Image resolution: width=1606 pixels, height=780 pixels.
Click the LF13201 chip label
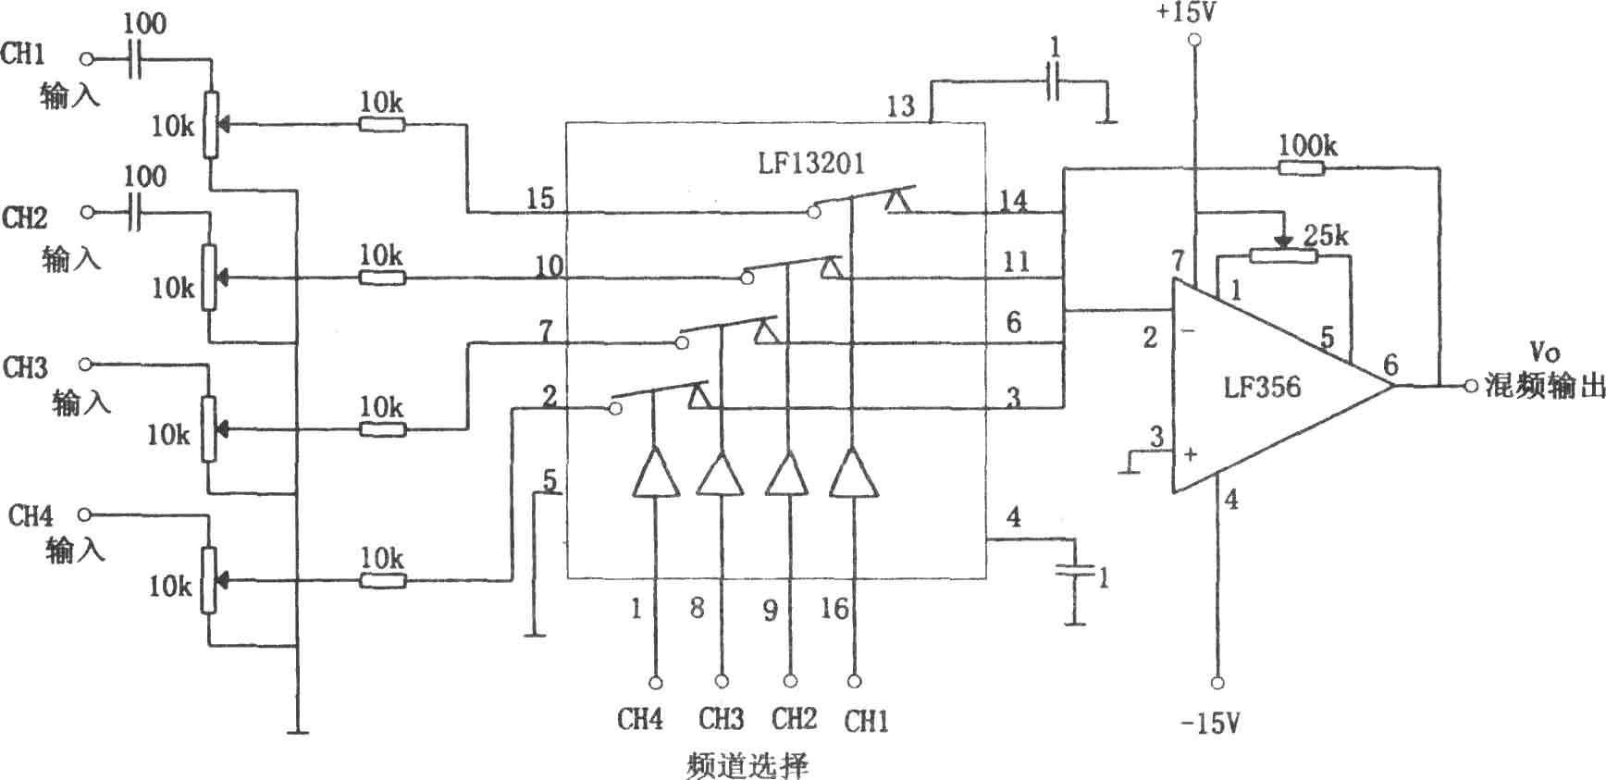click(x=810, y=164)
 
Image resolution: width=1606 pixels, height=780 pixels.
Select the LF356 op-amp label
click(x=1262, y=387)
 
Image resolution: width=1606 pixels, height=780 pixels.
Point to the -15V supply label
click(x=1210, y=723)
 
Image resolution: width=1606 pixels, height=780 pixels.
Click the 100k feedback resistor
click(x=1302, y=168)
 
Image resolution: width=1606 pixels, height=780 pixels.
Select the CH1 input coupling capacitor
click(x=135, y=59)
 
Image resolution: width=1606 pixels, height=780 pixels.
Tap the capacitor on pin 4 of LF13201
click(x=1074, y=572)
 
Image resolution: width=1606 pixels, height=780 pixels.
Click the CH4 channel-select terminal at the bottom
click(x=656, y=682)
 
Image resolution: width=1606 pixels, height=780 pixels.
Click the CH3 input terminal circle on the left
click(x=86, y=365)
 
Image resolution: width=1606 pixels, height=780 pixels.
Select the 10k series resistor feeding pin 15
click(x=382, y=123)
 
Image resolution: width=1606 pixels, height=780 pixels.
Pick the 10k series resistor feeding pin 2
click(x=382, y=581)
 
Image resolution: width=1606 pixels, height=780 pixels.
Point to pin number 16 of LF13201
click(x=834, y=609)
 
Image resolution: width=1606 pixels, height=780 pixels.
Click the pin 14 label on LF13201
click(x=1014, y=200)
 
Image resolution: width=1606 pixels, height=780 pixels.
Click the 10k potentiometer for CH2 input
click(x=211, y=277)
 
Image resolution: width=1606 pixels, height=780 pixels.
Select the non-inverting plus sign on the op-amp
click(x=1191, y=454)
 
